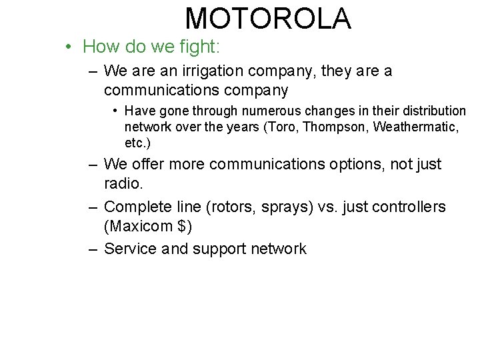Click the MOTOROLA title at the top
click(268, 19)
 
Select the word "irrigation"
click(217, 71)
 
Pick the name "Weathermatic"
click(416, 127)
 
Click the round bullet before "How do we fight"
click(69, 47)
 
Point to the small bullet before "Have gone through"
click(115, 111)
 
